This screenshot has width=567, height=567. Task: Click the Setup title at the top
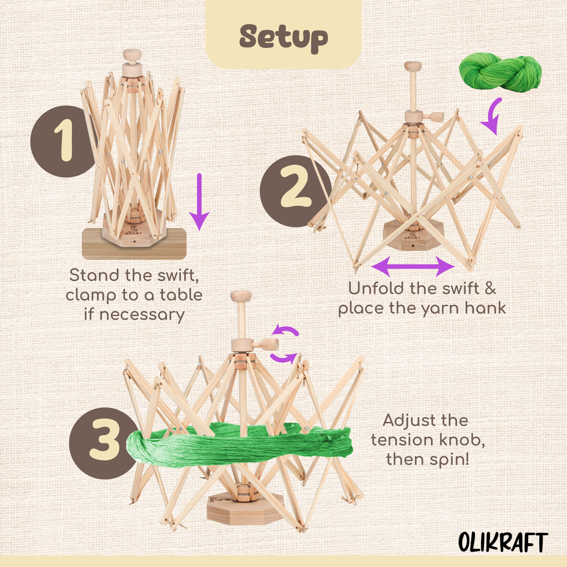(x=283, y=38)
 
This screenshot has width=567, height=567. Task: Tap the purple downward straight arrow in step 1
(x=199, y=202)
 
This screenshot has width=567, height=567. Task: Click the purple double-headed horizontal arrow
(x=413, y=266)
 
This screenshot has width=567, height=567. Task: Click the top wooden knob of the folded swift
(x=132, y=55)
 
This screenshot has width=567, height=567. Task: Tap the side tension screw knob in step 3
(x=268, y=345)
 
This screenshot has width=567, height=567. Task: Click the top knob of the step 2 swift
(x=413, y=66)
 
